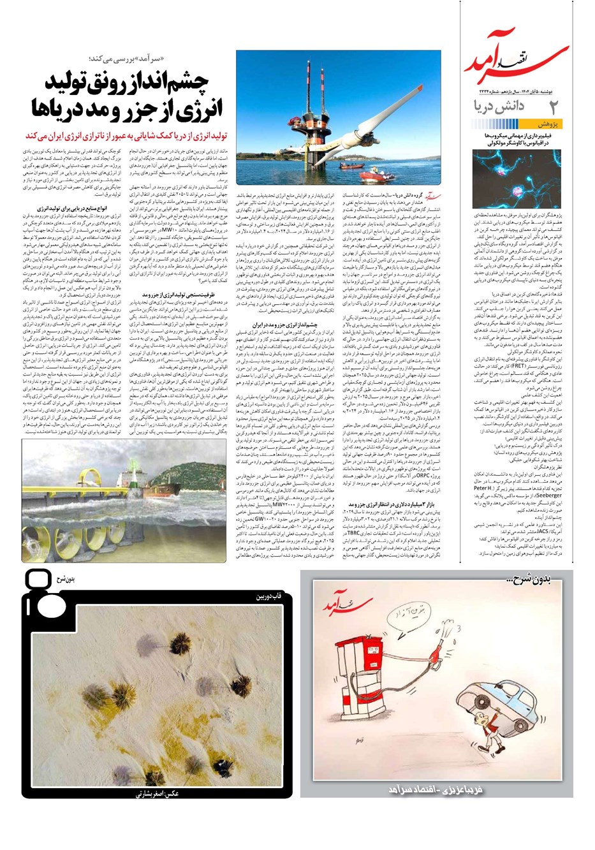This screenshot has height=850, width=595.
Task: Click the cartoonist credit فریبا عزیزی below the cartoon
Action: pyautogui.click(x=434, y=790)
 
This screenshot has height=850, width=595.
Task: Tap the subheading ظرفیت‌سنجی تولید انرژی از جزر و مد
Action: pyautogui.click(x=187, y=295)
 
